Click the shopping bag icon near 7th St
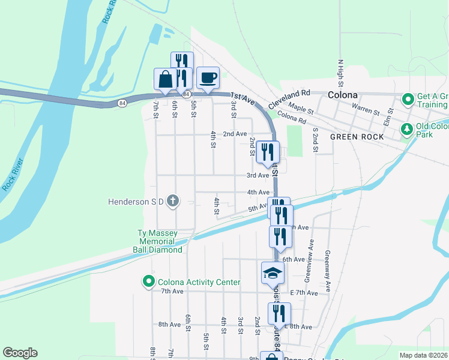pyautogui.click(x=165, y=79)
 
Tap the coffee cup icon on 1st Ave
pyautogui.click(x=208, y=78)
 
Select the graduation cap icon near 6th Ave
pyautogui.click(x=273, y=274)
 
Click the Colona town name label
pyautogui.click(x=343, y=95)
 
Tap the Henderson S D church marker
pyautogui.click(x=173, y=201)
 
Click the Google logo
pyautogui.click(x=20, y=353)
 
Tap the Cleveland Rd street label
pyautogui.click(x=289, y=98)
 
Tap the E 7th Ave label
pyautogui.click(x=304, y=293)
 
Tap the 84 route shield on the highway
pyautogui.click(x=122, y=103)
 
